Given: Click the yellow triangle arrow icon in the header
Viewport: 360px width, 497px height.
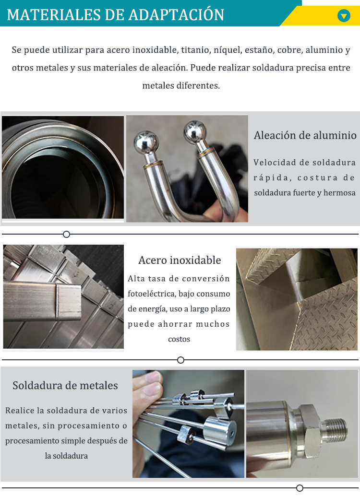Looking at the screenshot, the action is click(344, 15).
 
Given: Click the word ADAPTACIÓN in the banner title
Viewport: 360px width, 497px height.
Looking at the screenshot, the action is click(176, 15).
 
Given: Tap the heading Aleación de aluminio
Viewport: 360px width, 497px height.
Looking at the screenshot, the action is click(305, 135).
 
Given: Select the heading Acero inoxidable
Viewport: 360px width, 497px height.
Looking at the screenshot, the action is click(180, 260).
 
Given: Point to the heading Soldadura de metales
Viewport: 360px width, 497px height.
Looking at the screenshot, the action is click(65, 385).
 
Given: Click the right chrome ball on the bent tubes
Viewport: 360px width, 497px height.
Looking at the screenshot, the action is click(195, 130).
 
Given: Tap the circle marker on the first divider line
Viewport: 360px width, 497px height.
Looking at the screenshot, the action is click(66, 234).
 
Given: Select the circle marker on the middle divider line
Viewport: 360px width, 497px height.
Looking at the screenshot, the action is click(180, 360).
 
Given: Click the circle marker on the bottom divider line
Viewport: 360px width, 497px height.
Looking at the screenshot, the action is click(300, 488).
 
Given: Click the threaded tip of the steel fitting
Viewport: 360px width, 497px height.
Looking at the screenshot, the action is click(336, 432).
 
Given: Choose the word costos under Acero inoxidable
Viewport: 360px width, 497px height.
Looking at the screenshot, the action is click(179, 339).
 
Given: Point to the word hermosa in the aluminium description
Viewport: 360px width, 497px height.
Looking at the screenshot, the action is click(339, 193).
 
